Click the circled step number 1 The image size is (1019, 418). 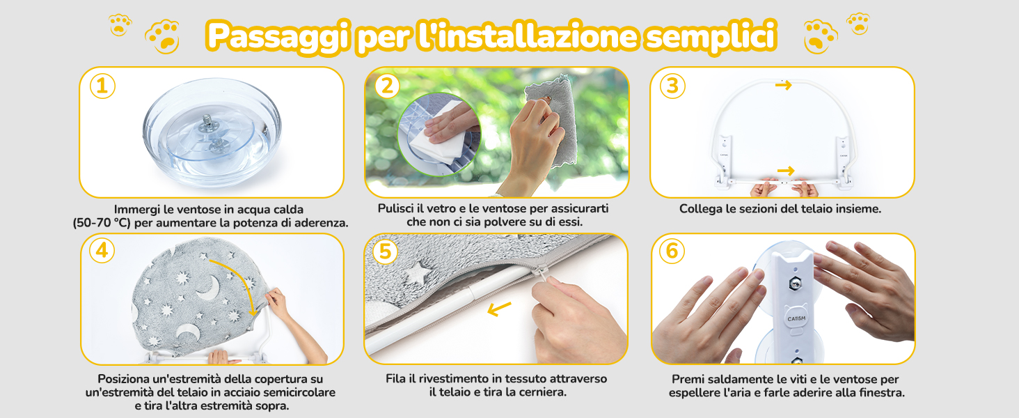(x=102, y=86)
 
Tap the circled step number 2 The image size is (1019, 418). (x=387, y=86)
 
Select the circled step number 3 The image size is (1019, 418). (x=672, y=86)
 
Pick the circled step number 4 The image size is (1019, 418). (x=102, y=250)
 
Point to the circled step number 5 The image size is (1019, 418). (x=385, y=251)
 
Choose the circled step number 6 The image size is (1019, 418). (x=672, y=251)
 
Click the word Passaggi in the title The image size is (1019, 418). (x=278, y=36)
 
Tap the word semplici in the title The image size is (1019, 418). (x=711, y=36)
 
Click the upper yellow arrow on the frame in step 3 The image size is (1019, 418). (x=783, y=85)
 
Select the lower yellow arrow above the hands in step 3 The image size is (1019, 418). (x=786, y=171)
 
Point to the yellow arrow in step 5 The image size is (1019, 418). (x=499, y=309)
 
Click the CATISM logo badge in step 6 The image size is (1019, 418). (x=796, y=318)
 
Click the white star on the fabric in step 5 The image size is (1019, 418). (x=417, y=273)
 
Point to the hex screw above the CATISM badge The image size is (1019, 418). (x=795, y=284)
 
